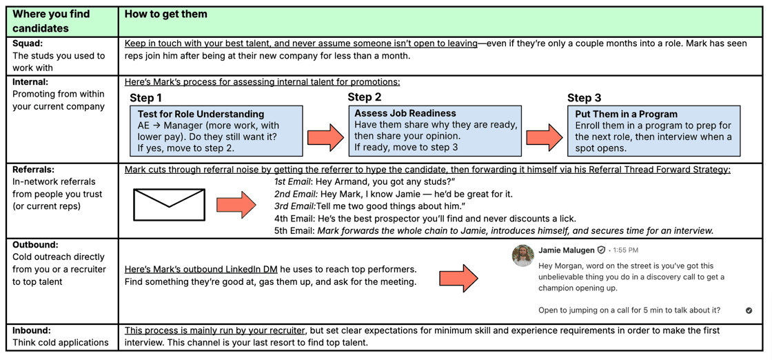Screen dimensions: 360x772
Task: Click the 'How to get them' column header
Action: [x=166, y=14]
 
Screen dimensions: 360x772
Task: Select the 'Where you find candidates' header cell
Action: [x=52, y=21]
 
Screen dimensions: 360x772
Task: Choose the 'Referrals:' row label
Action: [x=34, y=169]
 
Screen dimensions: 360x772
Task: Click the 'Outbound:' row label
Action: [x=35, y=244]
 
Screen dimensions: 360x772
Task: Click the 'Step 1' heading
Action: [x=145, y=98]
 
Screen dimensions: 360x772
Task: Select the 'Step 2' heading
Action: [x=364, y=97]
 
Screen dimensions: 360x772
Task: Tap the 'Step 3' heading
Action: [x=584, y=98]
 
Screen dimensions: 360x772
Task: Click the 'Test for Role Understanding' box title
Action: [x=201, y=114]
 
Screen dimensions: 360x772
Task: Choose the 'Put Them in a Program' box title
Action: [x=626, y=114]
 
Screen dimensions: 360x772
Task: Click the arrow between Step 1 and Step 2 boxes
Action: [x=325, y=137]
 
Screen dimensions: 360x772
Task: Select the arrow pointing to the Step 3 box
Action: [x=545, y=137]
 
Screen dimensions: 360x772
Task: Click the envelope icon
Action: [x=169, y=205]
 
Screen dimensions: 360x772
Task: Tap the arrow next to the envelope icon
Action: [x=236, y=205]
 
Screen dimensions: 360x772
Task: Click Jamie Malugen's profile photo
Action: [x=523, y=255]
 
